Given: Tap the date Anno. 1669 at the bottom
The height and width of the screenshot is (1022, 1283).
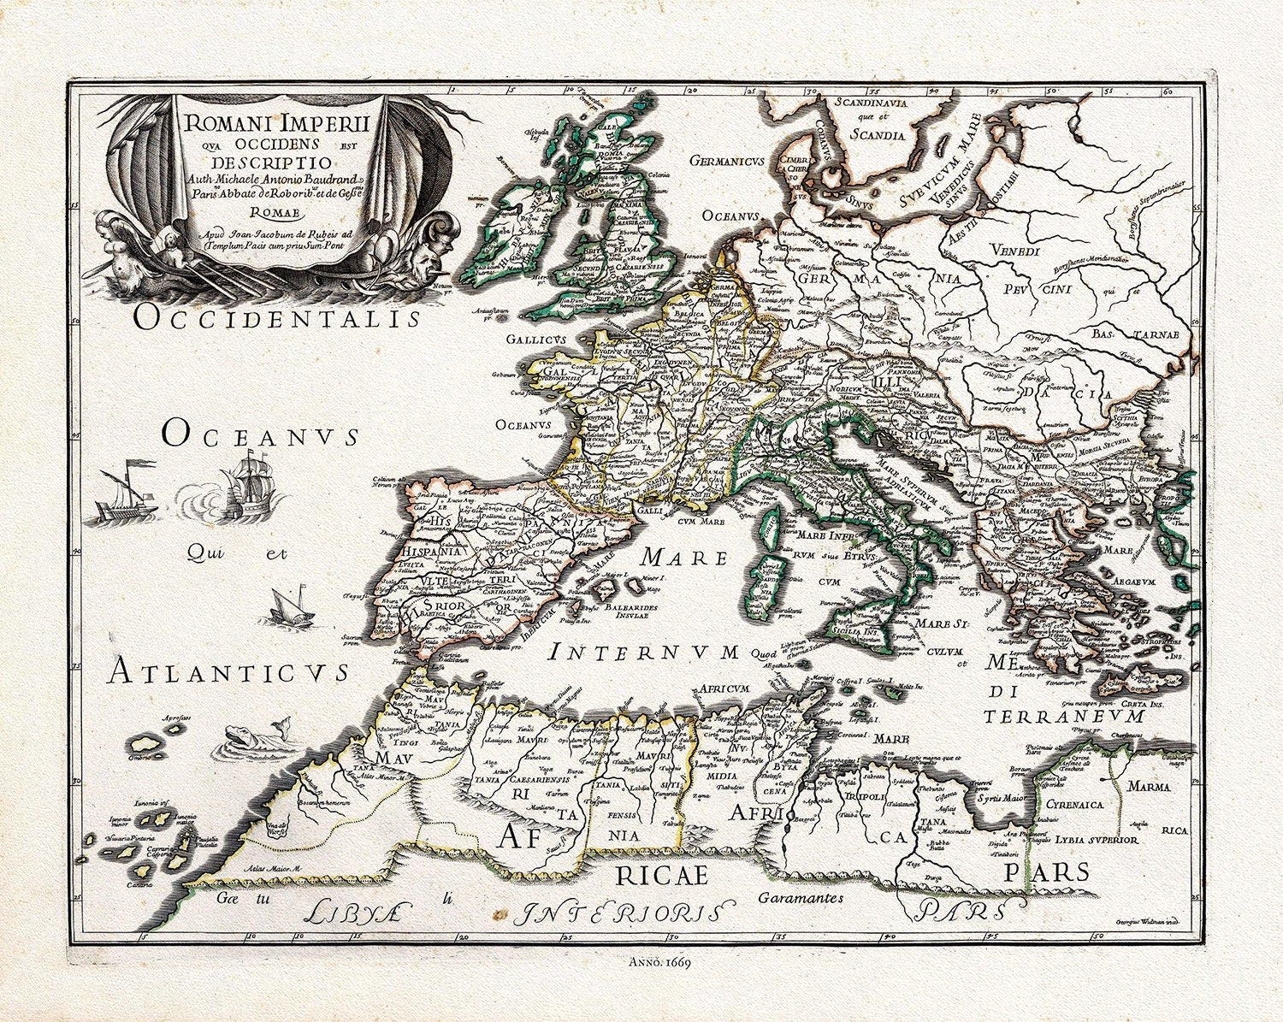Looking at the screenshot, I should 659,960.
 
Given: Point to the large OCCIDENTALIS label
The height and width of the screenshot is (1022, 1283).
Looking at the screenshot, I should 278,319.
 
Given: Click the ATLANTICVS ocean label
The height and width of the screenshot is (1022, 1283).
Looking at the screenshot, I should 228,672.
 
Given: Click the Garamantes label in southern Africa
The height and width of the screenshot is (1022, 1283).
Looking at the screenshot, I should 801,898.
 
